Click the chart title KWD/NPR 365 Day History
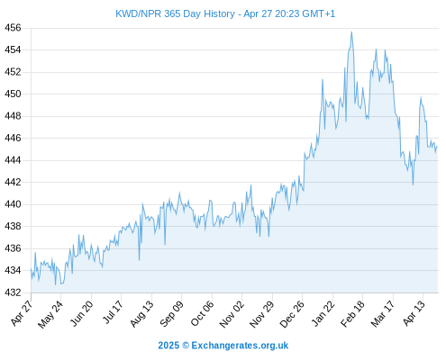175,13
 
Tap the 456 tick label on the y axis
13,28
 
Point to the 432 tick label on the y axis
13,292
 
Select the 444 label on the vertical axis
13,160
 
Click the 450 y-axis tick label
13,94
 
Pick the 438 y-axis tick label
13,226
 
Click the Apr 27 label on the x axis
22,312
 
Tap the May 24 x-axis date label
50,314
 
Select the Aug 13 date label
141,313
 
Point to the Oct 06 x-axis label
202,313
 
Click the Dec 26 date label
292,314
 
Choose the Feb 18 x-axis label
352,313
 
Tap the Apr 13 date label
414,313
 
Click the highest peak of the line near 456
351,31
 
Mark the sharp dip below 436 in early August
140,260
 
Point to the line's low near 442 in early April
414,184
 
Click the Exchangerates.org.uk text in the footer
240,346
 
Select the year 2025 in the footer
168,346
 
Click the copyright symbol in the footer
186,346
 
